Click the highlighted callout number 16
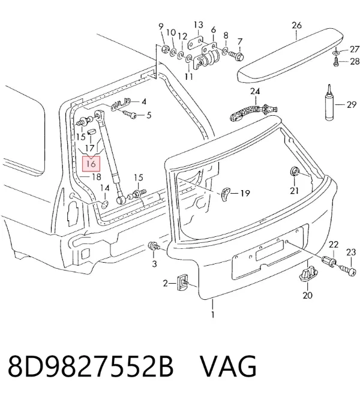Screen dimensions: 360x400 [x=91, y=164]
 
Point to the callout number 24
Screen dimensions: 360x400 [x=254, y=91]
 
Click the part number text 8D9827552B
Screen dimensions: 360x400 [x=91, y=366]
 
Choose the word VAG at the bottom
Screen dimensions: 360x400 [x=228, y=366]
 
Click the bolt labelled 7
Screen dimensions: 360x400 [x=236, y=55]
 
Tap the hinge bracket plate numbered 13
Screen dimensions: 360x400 [x=196, y=43]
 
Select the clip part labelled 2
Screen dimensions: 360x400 [x=183, y=282]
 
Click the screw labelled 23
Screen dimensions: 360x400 [x=347, y=270]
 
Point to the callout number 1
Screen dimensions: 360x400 [x=212, y=314]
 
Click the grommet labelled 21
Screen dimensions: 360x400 [x=295, y=172]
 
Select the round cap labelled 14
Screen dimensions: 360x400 [x=104, y=204]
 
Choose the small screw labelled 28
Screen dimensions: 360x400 [x=336, y=62]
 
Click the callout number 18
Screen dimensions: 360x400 [x=96, y=176]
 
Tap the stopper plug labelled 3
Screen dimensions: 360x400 [x=154, y=246]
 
